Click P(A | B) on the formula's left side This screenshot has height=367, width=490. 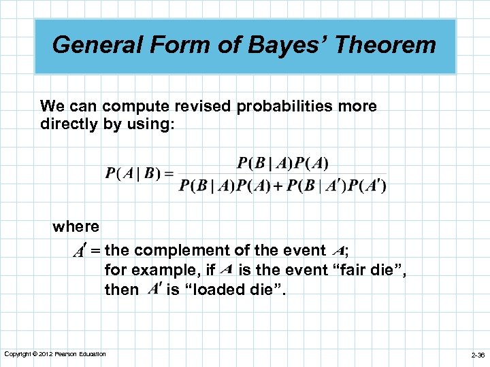click(130, 173)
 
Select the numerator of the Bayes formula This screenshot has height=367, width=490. click(282, 163)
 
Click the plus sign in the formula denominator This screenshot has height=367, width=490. click(278, 186)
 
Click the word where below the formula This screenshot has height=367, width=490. click(76, 226)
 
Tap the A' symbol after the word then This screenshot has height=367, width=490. click(154, 290)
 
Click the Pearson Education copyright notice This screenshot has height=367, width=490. click(55, 353)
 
